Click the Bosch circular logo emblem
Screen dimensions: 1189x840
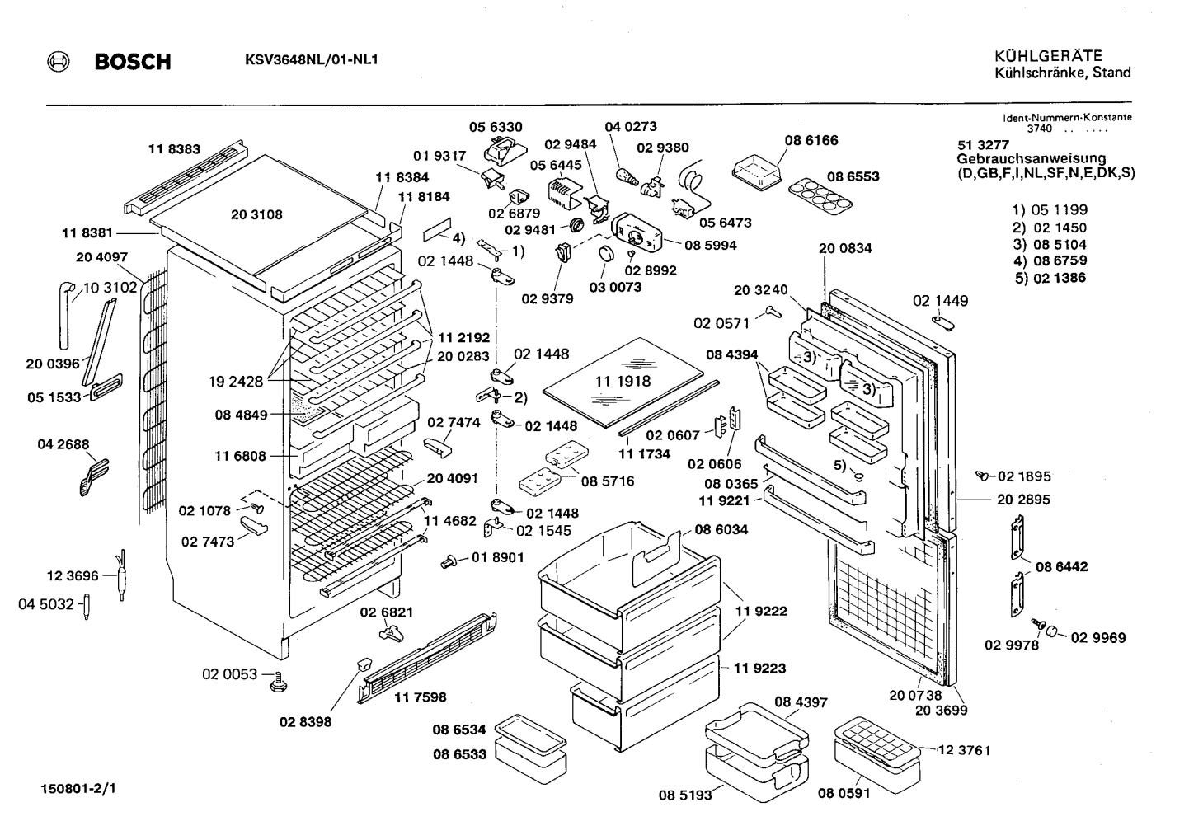(x=58, y=62)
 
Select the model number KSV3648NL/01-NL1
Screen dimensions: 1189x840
(x=311, y=60)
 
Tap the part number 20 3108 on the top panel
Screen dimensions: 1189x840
(x=256, y=214)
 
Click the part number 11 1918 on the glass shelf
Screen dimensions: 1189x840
(x=623, y=381)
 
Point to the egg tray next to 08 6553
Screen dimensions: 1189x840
(x=820, y=197)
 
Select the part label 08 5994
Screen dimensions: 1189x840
(x=710, y=245)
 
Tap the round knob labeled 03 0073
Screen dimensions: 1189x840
(x=606, y=254)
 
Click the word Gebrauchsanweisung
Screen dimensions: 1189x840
(x=1032, y=158)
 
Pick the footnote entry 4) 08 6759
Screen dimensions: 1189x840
(x=1050, y=260)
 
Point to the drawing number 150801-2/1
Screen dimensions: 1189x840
(x=78, y=789)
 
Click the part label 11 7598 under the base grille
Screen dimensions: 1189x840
(x=420, y=697)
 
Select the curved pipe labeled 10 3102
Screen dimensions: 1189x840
(x=65, y=315)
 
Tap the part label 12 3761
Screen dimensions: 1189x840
(x=965, y=750)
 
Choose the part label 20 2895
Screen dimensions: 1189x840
(x=1023, y=500)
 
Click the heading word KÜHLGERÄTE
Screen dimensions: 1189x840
(x=1048, y=56)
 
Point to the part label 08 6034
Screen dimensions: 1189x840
(x=721, y=529)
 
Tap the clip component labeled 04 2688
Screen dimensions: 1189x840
(x=94, y=476)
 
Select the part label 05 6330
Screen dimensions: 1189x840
(x=496, y=127)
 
